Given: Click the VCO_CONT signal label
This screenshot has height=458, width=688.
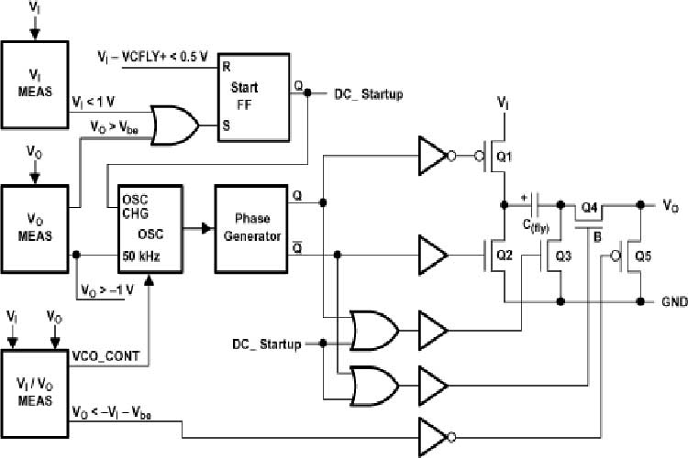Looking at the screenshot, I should pyautogui.click(x=106, y=354).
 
